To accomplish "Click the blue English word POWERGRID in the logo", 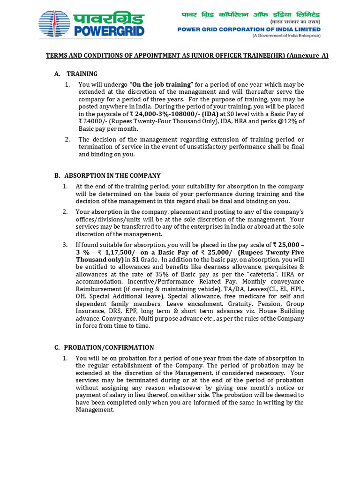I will coord(108,31).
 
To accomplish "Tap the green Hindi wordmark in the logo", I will coord(108,19).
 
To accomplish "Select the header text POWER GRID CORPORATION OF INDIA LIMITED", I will coord(248,29).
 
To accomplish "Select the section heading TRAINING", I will coord(82,74).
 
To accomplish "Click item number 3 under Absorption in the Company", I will coord(65,245).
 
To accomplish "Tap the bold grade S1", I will coord(135,259).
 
